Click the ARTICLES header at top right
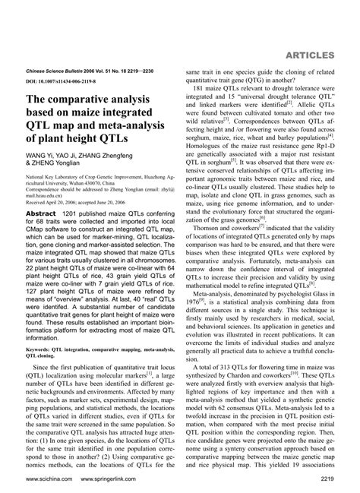[319, 55]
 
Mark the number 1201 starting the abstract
[74, 215]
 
